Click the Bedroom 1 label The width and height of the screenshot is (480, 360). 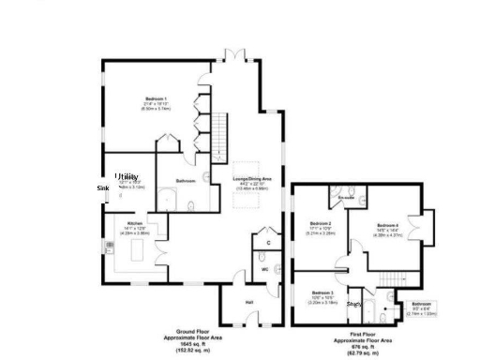(x=156, y=98)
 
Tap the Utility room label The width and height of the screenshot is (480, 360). (x=127, y=176)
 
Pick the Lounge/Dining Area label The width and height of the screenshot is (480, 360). (x=252, y=178)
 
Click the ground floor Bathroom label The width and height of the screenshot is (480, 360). (x=185, y=180)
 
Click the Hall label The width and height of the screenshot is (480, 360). (x=249, y=302)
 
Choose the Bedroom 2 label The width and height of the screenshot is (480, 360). (x=322, y=223)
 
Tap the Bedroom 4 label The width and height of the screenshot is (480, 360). (x=388, y=226)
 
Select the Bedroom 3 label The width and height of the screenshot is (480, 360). (x=322, y=293)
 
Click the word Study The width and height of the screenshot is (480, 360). (x=354, y=304)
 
